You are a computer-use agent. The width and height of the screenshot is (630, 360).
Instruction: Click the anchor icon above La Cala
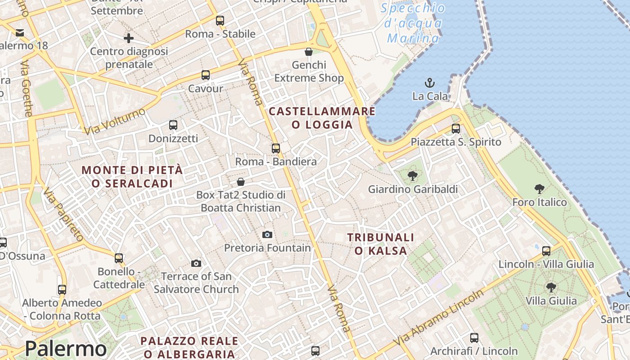click(x=430, y=83)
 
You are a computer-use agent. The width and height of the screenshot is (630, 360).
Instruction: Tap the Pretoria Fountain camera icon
click(x=267, y=234)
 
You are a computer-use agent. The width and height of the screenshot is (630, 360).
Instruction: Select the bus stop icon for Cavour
click(x=206, y=75)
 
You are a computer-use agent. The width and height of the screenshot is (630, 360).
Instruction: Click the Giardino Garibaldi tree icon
click(x=412, y=176)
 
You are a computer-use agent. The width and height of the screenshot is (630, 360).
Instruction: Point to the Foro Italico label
click(x=539, y=202)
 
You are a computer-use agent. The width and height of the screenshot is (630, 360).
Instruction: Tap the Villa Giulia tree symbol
click(x=551, y=288)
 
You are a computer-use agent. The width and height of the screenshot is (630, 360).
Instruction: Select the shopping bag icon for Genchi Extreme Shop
click(x=309, y=52)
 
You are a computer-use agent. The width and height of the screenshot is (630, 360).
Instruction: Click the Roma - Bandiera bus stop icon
click(x=276, y=148)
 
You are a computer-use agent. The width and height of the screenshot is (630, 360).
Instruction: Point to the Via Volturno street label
click(x=115, y=121)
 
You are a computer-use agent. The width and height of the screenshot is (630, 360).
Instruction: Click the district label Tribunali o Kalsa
click(x=381, y=244)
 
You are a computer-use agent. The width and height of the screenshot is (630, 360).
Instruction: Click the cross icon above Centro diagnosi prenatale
click(x=129, y=38)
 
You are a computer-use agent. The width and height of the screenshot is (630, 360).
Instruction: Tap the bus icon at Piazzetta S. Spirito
click(x=456, y=129)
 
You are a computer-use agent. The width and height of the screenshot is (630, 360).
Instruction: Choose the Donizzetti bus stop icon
click(x=173, y=125)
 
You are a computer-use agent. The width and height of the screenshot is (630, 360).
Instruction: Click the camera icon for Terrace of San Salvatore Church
click(x=196, y=263)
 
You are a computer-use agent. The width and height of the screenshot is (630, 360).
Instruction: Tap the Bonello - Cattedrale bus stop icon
click(x=119, y=258)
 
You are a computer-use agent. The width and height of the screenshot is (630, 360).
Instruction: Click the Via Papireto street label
click(x=63, y=214)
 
